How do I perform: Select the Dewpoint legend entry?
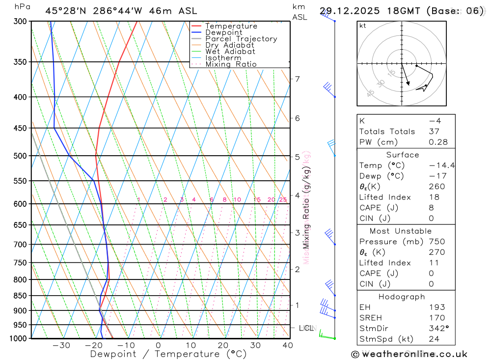click(x=223, y=32)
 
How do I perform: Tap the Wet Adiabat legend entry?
click(x=230, y=52)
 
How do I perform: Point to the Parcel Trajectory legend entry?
click(x=241, y=39)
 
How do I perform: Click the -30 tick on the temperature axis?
click(x=61, y=345)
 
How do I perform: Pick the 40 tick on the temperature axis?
click(x=288, y=345)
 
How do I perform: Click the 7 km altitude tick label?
click(x=298, y=79)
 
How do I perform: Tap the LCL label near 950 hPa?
click(x=306, y=328)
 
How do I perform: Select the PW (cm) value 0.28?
click(x=438, y=142)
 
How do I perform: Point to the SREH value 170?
click(x=436, y=318)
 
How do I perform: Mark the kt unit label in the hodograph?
click(x=363, y=26)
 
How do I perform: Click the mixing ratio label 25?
click(x=283, y=199)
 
